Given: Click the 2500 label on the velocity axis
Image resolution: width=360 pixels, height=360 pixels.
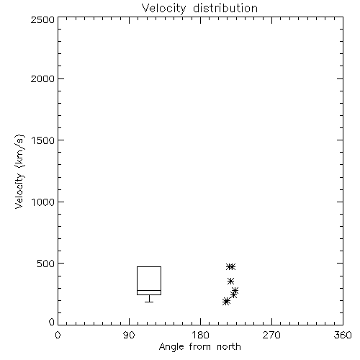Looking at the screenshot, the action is pos(42,19).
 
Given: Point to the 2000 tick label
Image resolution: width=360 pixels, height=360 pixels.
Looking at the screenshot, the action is pos(42,78).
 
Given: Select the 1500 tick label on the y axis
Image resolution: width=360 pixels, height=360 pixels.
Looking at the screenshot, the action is pos(43,140).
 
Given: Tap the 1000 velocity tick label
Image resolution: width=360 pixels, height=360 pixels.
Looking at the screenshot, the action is pos(43,202).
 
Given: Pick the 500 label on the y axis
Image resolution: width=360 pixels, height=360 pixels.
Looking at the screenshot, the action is pos(45,264).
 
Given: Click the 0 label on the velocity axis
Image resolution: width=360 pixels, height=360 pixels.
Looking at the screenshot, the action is pos(52,322).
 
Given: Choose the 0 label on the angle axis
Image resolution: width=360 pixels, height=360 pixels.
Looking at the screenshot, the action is pos(58,335).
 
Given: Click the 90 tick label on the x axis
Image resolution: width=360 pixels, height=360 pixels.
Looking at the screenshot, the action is pos(129,335).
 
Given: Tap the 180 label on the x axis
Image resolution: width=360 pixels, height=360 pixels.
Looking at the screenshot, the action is pos(200,335).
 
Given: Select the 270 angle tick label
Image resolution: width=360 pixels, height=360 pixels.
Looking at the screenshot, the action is pos(271,335).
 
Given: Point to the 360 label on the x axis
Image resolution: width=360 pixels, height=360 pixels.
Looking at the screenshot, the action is pos(343,335).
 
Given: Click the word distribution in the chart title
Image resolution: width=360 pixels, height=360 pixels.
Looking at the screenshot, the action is pos(225,8).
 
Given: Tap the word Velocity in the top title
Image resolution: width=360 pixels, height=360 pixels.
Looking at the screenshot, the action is pos(164,9).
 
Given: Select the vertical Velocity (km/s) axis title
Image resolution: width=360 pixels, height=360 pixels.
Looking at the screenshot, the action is pos(19,171).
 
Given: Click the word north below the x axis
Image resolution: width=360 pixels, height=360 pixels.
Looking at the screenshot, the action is pos(229,347).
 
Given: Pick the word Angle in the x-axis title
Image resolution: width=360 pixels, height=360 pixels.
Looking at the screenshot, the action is pos(171,347).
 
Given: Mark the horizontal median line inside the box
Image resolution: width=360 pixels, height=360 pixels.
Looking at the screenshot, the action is pos(149,290).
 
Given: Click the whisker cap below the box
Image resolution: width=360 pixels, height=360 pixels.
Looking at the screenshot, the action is pos(149,302).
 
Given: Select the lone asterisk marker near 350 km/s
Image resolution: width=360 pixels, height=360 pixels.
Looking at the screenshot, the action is pos(230,281).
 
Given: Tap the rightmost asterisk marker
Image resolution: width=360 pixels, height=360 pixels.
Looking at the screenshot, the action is pos(235,291).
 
